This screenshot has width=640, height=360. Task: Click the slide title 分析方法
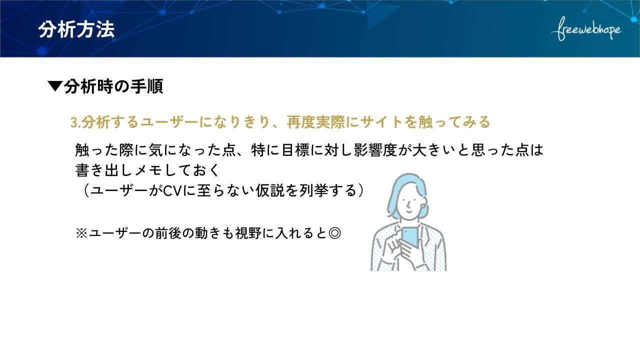coord(76,29)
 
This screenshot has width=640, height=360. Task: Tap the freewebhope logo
coord(586,29)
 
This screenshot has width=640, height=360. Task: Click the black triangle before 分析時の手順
coord(55,86)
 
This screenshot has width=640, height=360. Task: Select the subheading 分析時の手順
coord(113,86)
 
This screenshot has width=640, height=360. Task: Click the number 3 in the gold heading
coord(74,122)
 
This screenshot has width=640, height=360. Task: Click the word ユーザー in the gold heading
coord(169,122)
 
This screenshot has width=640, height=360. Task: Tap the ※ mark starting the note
coord(81,233)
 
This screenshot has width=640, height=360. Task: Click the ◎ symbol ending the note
coord(334,233)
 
